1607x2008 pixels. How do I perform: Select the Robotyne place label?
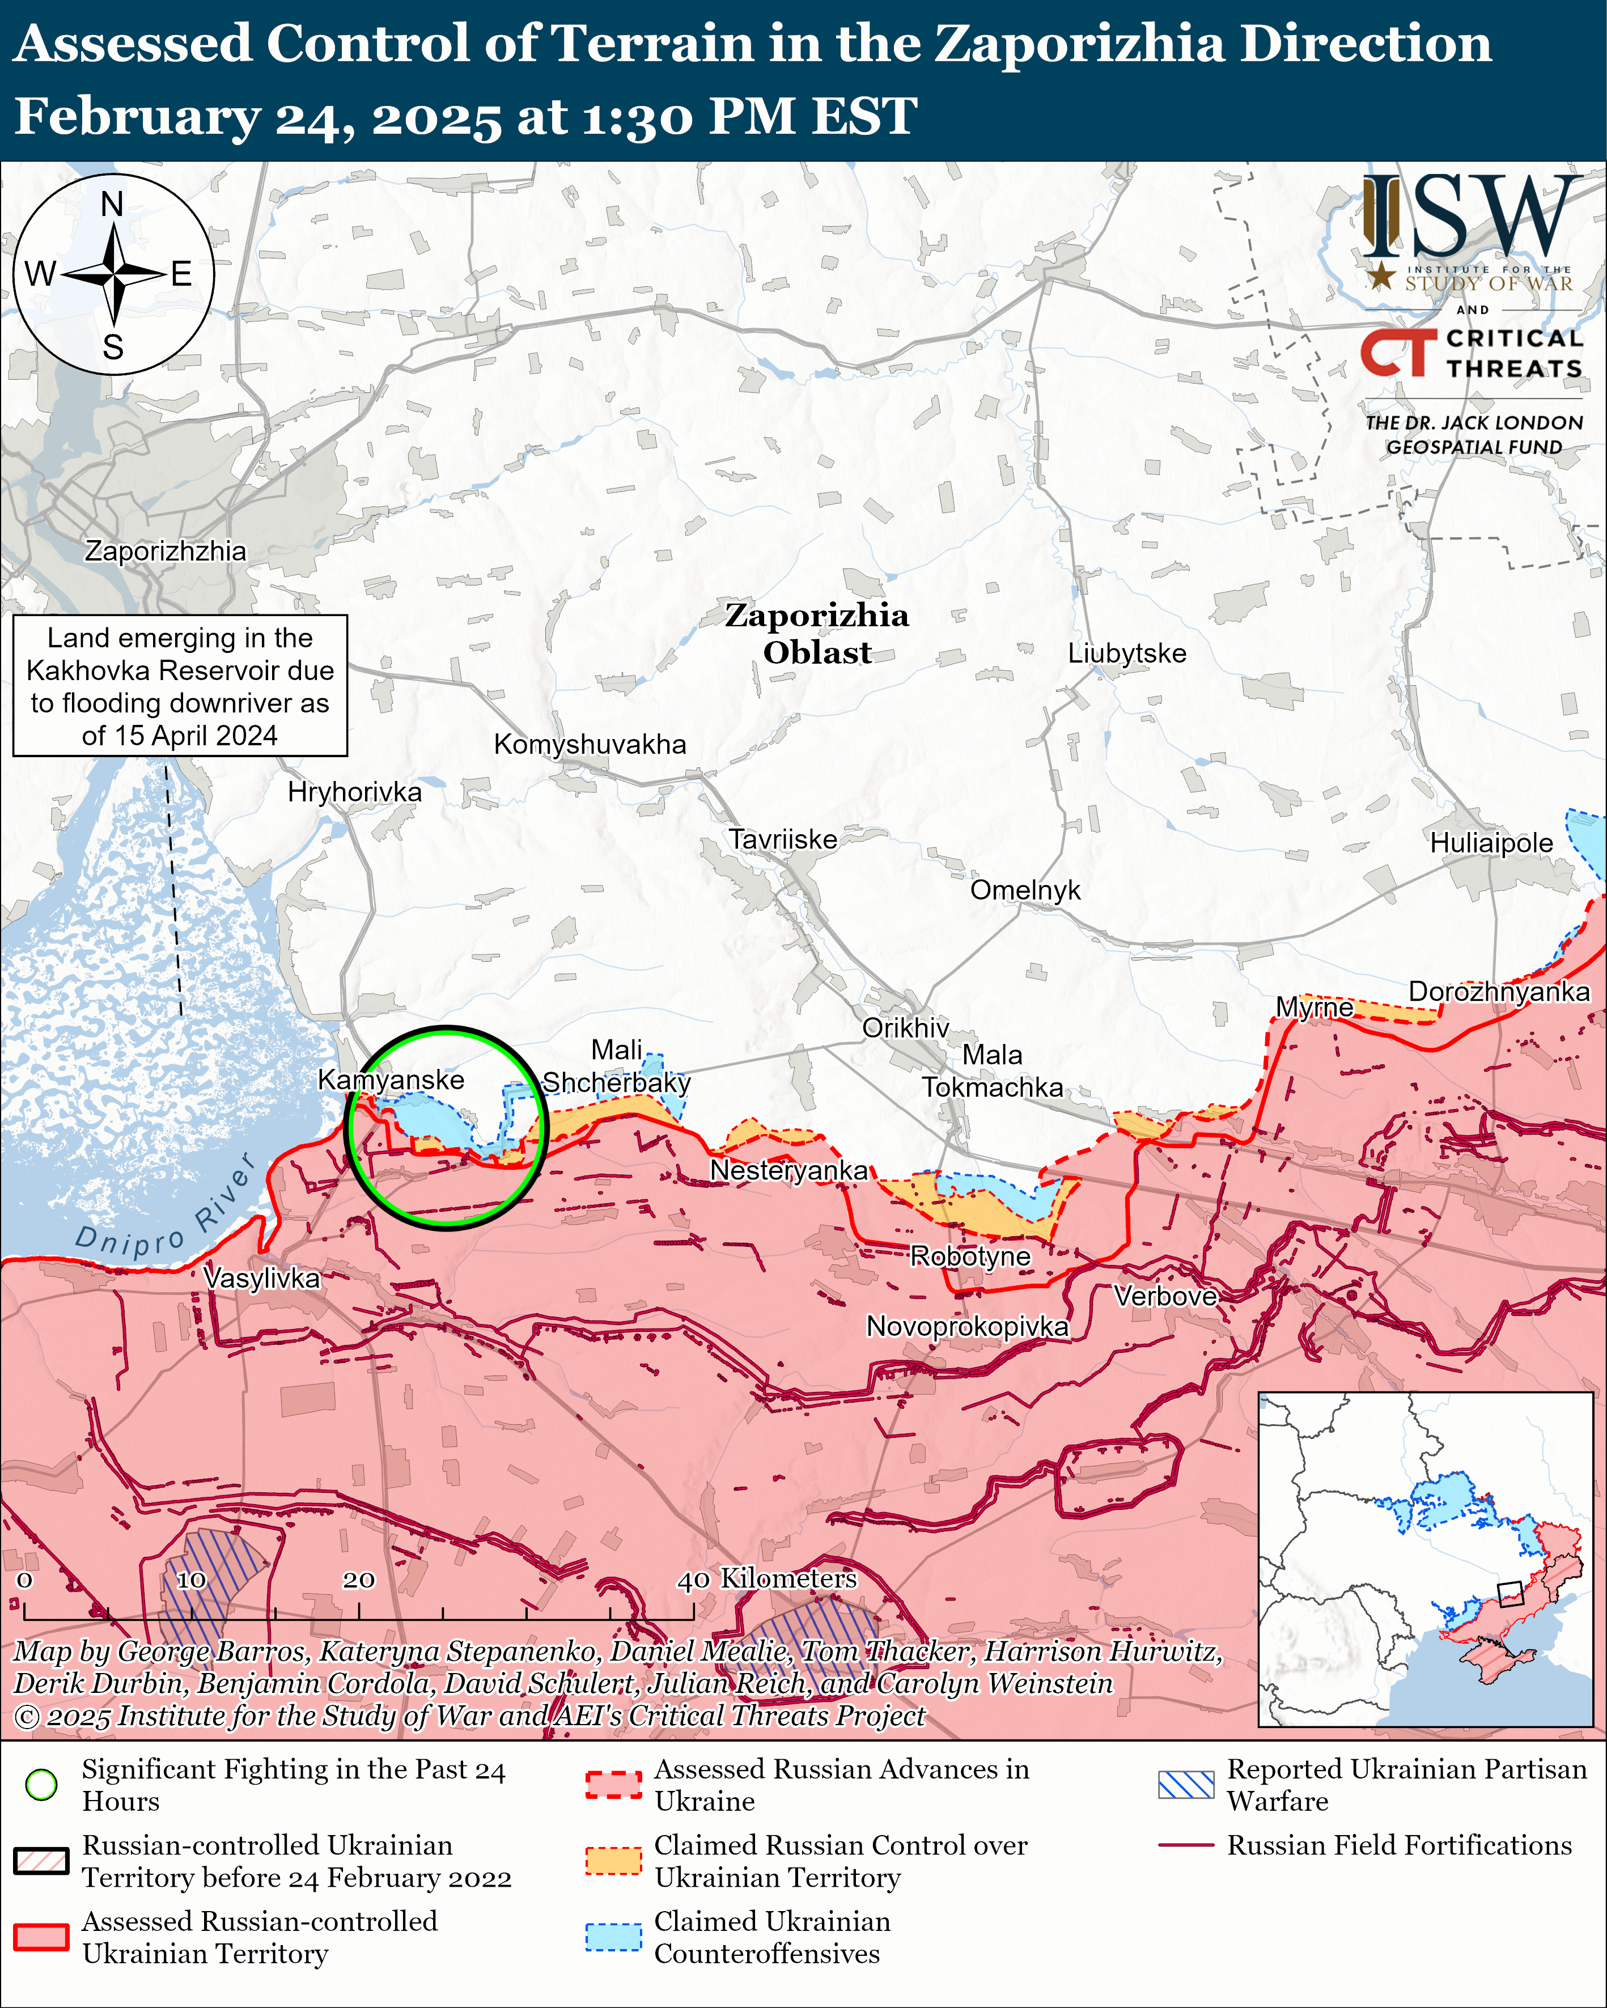(x=970, y=1256)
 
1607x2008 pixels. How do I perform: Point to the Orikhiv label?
(x=905, y=1028)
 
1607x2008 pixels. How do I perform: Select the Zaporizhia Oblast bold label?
(x=816, y=633)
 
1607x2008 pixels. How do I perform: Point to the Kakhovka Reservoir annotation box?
(x=180, y=685)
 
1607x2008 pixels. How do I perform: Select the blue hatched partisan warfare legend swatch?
(x=1185, y=1785)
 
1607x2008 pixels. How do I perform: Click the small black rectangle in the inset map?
(x=1509, y=1594)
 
